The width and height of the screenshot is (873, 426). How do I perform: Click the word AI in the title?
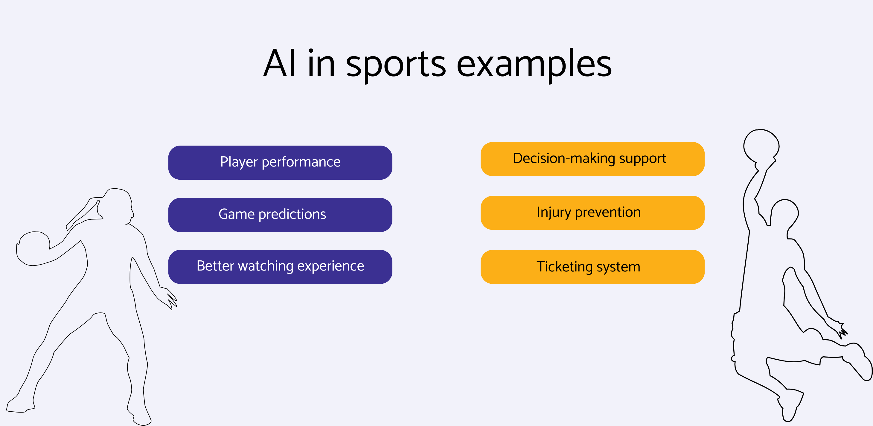click(x=280, y=64)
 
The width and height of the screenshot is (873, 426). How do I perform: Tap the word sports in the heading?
click(x=395, y=64)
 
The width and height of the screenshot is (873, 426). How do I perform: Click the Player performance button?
click(x=280, y=163)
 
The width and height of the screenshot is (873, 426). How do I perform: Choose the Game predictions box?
click(x=280, y=215)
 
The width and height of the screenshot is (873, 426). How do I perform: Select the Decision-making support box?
click(x=592, y=159)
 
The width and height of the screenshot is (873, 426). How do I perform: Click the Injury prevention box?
click(x=592, y=213)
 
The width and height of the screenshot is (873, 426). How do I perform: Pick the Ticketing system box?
click(x=592, y=267)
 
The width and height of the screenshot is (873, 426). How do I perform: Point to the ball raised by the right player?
click(x=761, y=146)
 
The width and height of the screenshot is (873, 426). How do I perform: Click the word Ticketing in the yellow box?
click(x=564, y=267)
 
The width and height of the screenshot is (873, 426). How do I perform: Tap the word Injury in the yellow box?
click(x=553, y=213)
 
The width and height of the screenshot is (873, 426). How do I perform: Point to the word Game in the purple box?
click(x=236, y=214)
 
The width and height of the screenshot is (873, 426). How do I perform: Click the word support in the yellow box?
click(x=642, y=159)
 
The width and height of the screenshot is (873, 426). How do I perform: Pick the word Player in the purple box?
click(x=239, y=162)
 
